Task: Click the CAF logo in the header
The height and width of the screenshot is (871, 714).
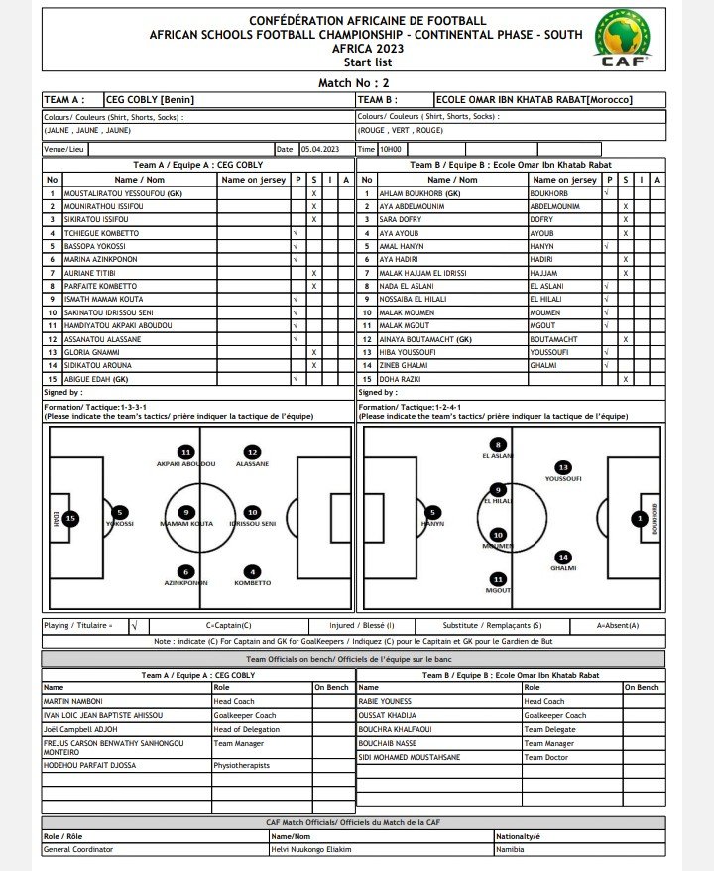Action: click(x=622, y=40)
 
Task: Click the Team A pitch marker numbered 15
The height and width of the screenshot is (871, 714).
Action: click(x=69, y=518)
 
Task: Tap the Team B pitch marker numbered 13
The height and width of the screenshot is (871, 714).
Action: click(x=563, y=467)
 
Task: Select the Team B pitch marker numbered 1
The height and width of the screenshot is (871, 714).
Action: click(x=640, y=517)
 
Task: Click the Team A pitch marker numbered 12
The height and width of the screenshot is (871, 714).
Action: click(x=252, y=452)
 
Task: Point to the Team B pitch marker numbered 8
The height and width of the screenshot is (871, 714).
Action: click(x=498, y=445)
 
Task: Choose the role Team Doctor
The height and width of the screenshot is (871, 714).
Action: click(x=546, y=757)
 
